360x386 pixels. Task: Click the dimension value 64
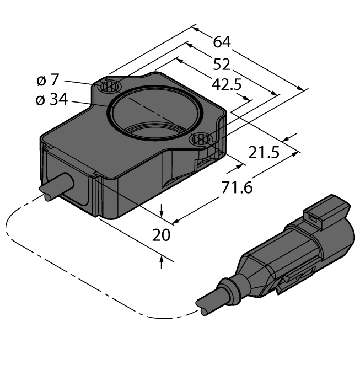point(221,42)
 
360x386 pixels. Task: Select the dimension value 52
point(221,65)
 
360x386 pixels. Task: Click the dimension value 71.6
point(237,188)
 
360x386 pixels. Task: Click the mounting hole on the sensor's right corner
point(201,140)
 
